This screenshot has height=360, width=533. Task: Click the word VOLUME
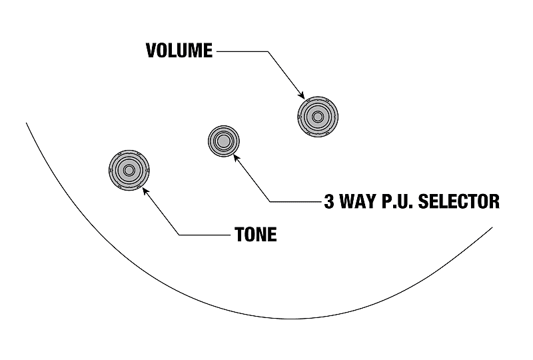pos(179,51)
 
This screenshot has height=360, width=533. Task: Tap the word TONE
pos(255,235)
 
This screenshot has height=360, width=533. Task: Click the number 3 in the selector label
pos(328,201)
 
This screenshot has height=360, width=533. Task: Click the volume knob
pos(318,117)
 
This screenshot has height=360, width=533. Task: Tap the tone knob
pos(128,171)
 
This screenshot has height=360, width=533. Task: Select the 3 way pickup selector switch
pos(222,141)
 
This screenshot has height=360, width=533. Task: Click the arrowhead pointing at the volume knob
pos(300,95)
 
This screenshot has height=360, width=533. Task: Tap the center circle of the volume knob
pos(318,117)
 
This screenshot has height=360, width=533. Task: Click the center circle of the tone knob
pos(128,171)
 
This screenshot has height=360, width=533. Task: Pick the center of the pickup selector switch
pos(222,141)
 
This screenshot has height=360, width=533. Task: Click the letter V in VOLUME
pos(151,51)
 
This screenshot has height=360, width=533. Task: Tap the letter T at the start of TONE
pos(239,235)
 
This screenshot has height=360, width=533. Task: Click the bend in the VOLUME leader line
pos(268,51)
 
